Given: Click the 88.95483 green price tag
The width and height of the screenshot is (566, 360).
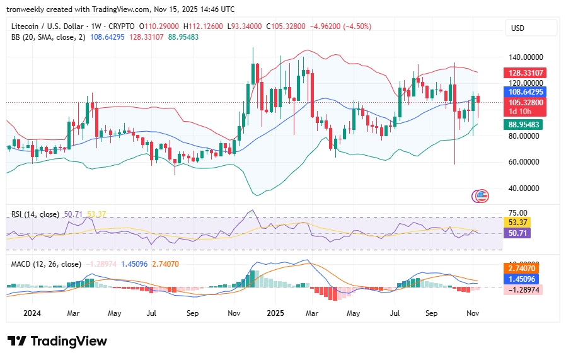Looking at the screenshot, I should coord(524,125).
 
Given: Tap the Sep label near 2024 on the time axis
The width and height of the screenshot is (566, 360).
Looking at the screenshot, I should coord(192,313).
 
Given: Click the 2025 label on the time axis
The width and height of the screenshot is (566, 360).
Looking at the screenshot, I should coord(276,313).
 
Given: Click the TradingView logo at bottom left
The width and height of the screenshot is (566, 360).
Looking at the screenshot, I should coord(57,341).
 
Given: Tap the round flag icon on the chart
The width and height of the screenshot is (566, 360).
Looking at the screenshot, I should coord(482,196).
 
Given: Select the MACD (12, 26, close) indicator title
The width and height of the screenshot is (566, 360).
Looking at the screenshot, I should coord(45,264).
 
